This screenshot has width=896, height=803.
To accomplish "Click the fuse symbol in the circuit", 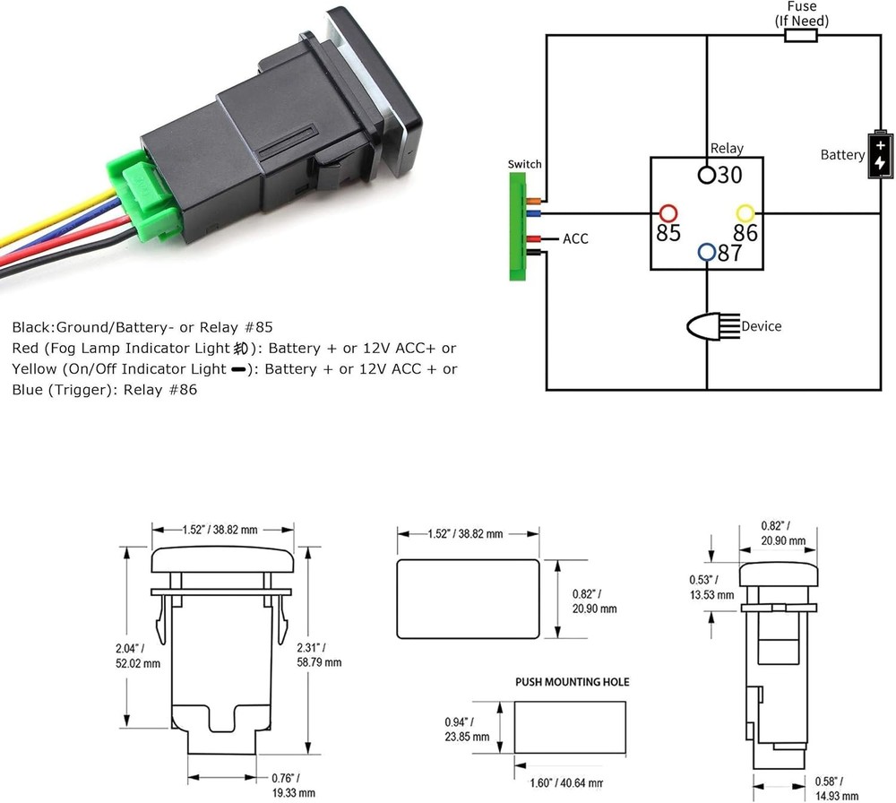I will pos(800,35).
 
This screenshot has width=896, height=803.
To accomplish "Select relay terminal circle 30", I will pos(707,174).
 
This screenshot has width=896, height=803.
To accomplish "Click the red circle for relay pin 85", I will pos(668,213).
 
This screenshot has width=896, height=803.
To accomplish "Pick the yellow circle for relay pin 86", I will pos(745,213).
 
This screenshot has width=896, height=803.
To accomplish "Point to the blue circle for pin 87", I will pos(707,252).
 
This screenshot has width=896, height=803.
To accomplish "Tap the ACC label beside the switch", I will pos(575,239).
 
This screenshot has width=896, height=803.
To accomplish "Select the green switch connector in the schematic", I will pos(518,227).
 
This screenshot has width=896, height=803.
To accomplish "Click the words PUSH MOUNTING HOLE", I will pos(572,682).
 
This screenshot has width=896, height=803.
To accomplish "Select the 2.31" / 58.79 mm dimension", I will pos(321,654).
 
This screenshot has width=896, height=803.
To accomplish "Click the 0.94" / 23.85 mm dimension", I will pos(466,730).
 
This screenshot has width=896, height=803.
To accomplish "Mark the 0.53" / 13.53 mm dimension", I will pos(711,586).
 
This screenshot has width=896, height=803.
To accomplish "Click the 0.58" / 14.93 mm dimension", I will pos(840,785).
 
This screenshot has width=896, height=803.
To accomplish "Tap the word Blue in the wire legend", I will pos(29,390).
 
